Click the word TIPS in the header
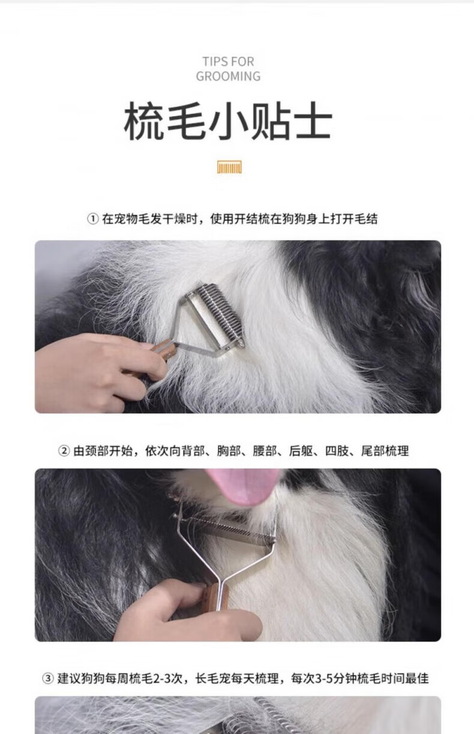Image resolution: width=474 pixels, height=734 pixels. pos(214,62)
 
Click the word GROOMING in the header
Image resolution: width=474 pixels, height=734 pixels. pos(228,76)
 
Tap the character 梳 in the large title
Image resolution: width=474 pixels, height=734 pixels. pos(144,121)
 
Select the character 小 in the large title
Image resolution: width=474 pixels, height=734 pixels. pos(228,121)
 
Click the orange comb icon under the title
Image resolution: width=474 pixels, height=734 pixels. pos(229,167)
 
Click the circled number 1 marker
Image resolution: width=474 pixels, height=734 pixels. pos(93,218)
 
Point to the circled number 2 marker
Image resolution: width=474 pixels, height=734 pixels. pos(64,451)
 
